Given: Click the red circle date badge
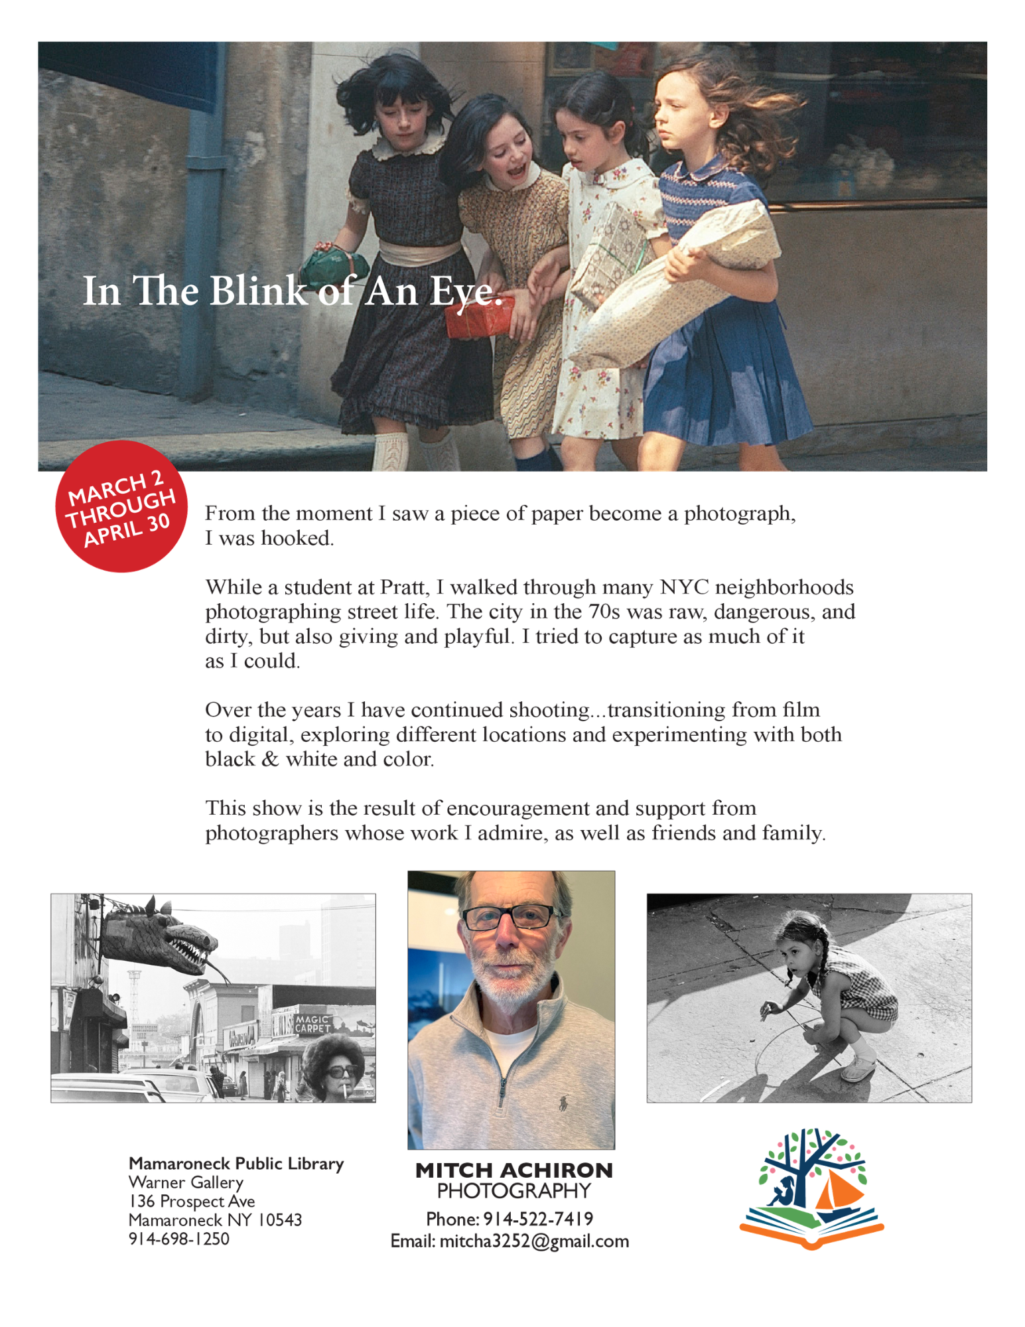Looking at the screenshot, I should (x=121, y=506).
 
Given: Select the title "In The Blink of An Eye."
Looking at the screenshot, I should (x=292, y=291).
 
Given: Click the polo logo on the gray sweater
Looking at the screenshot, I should (x=563, y=1102).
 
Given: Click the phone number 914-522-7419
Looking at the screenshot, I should (x=538, y=1219).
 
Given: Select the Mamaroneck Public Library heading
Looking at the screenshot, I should (x=236, y=1164).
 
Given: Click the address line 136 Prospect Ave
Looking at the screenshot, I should (x=192, y=1202).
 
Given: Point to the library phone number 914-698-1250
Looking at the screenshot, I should (x=179, y=1239).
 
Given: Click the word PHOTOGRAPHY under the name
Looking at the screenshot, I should (x=514, y=1192).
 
